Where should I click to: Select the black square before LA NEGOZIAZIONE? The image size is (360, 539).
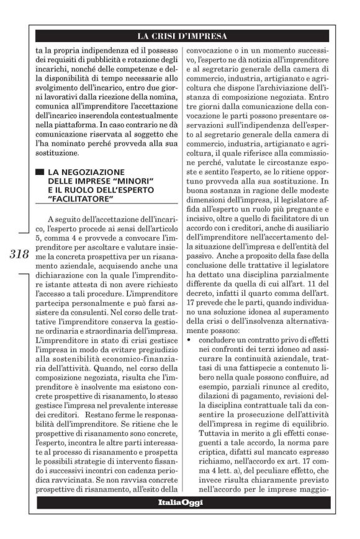click(40, 171)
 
